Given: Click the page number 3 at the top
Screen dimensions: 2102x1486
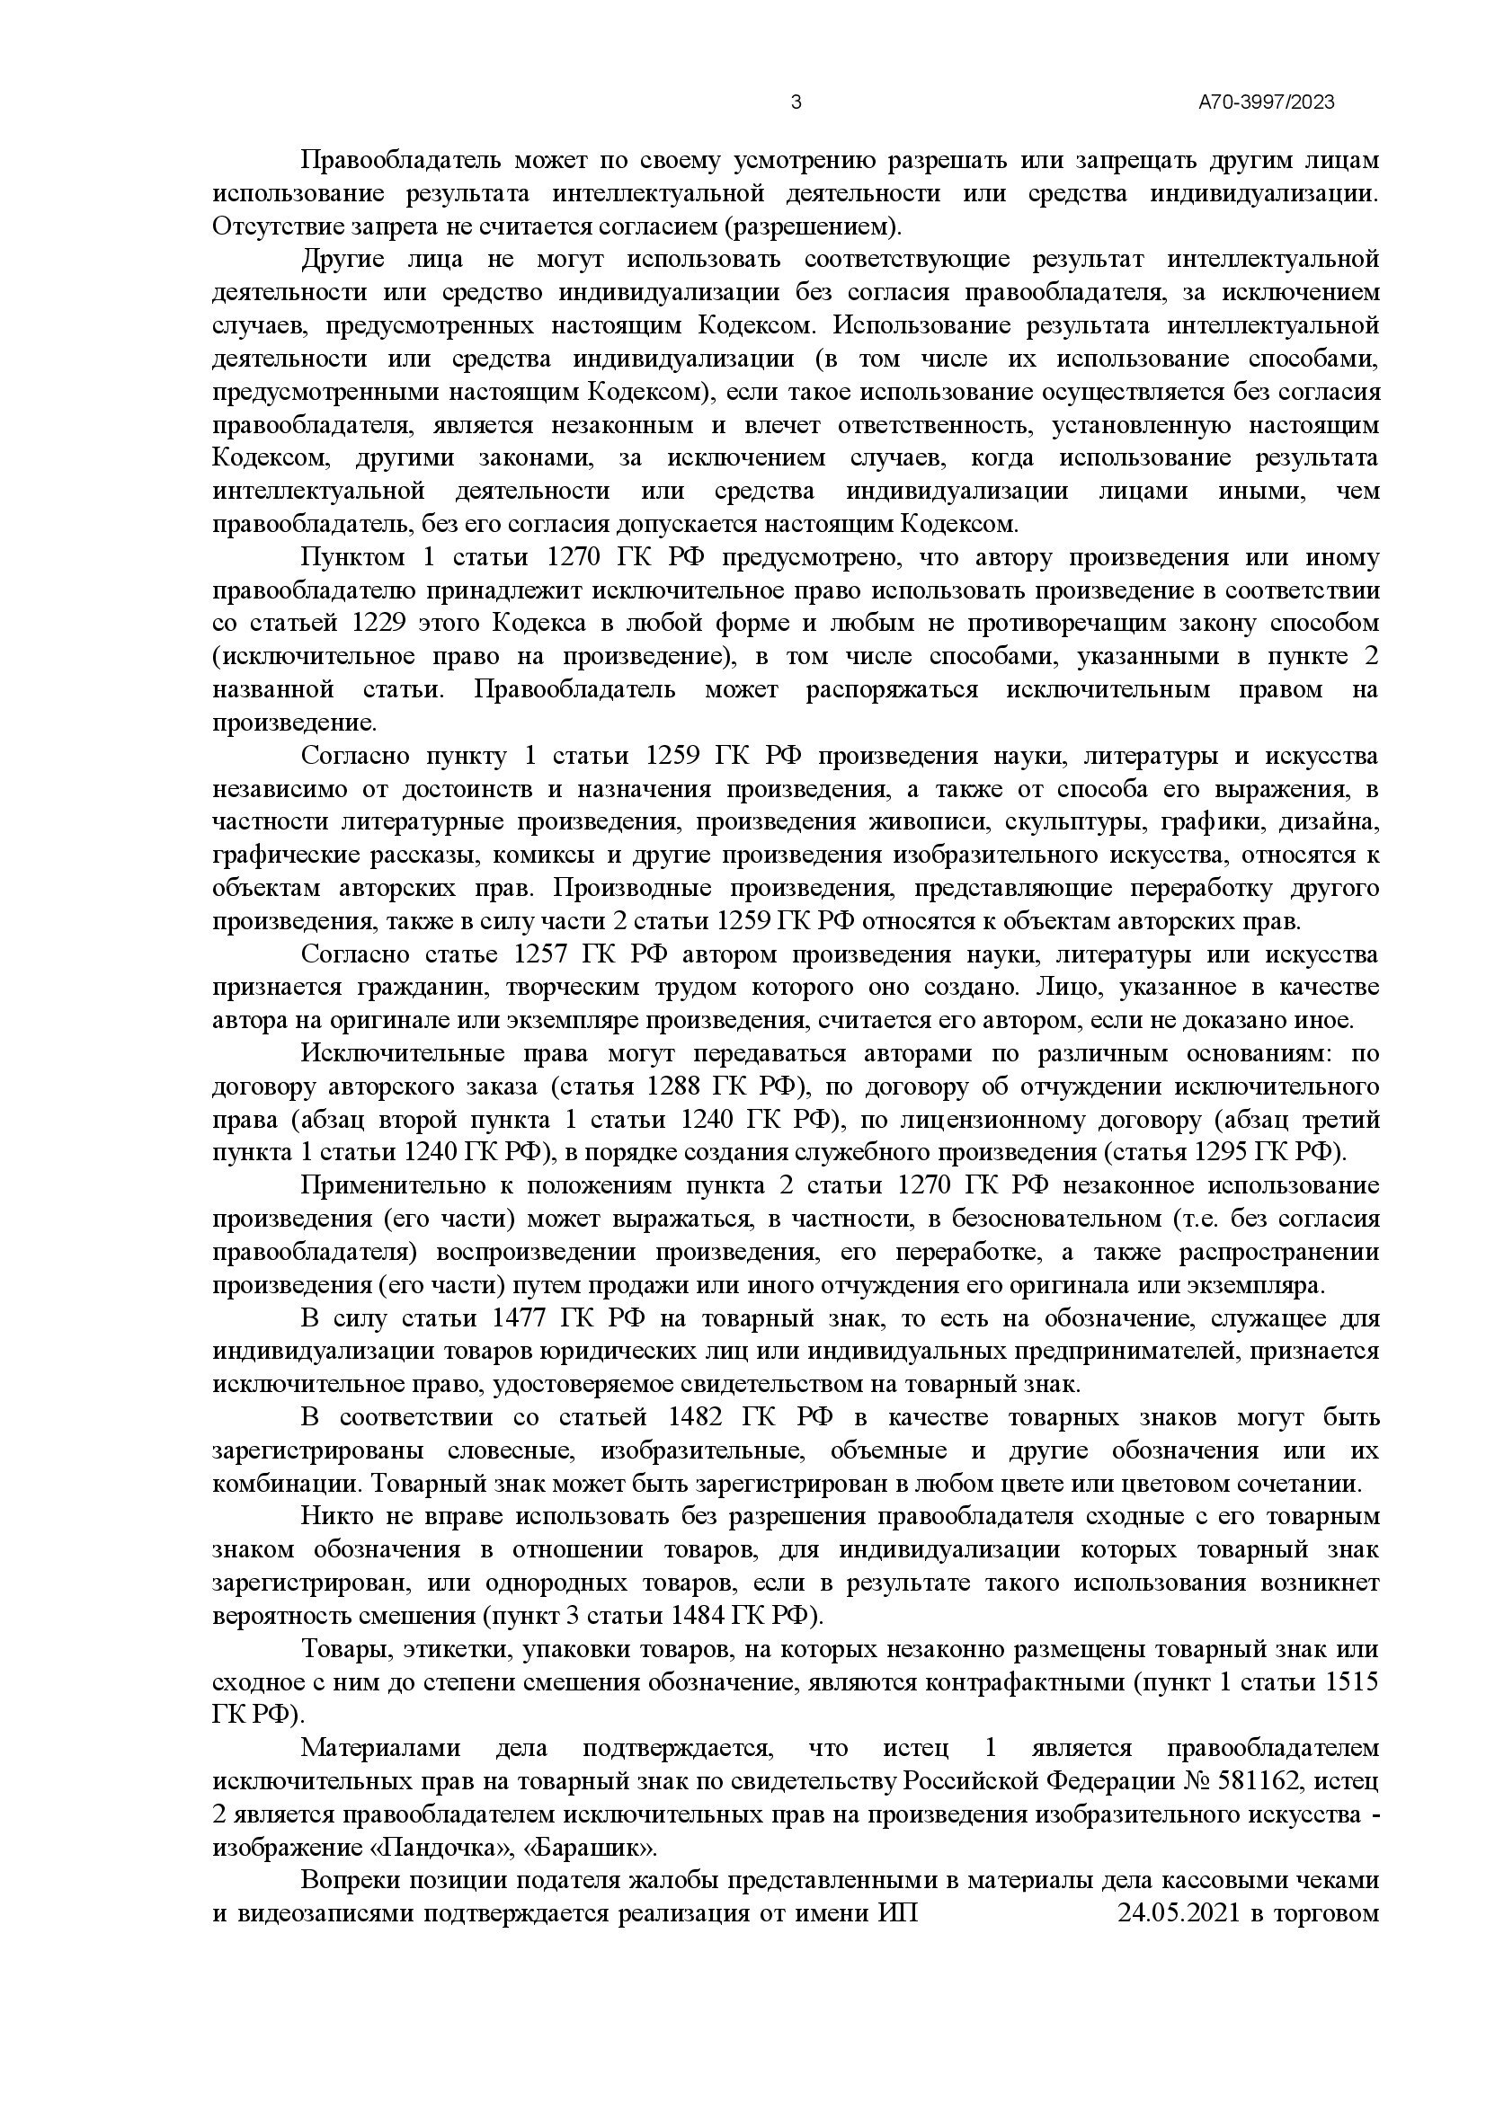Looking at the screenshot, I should [x=795, y=102].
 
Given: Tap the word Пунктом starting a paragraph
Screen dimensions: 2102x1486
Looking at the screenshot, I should [x=354, y=557].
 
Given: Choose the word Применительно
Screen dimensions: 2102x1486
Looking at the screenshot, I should [x=397, y=1185].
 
